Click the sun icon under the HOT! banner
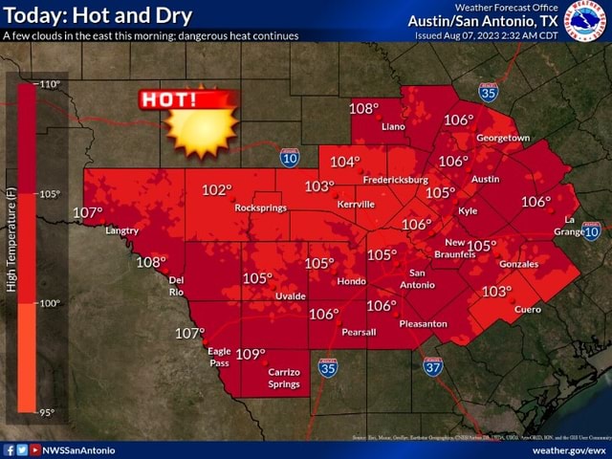point(201,131)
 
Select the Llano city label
point(393,126)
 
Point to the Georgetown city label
point(503,138)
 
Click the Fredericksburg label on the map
point(395,180)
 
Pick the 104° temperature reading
point(345,162)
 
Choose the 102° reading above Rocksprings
point(216,190)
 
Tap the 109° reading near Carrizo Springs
point(250,354)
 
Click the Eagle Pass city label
point(219,358)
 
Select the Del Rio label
point(176,285)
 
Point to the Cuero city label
point(527,309)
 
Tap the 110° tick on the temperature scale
point(50,84)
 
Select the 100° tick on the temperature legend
point(50,303)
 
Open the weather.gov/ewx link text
point(569,449)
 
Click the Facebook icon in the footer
point(10,449)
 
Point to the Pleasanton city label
point(423,324)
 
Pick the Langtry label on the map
point(121,230)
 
